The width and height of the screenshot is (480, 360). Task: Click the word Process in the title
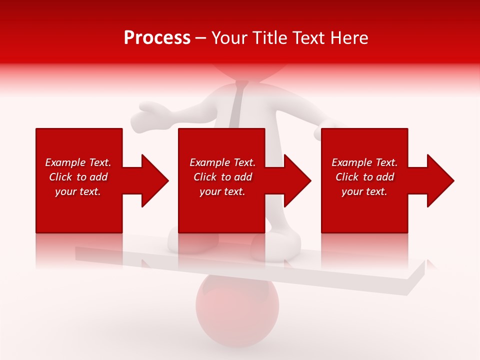point(157,38)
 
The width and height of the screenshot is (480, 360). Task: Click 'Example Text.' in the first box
point(78,162)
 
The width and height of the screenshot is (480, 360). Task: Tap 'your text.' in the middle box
point(222,191)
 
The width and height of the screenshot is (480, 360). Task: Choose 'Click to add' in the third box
point(364,177)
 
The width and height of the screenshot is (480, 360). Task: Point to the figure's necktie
point(238,100)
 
